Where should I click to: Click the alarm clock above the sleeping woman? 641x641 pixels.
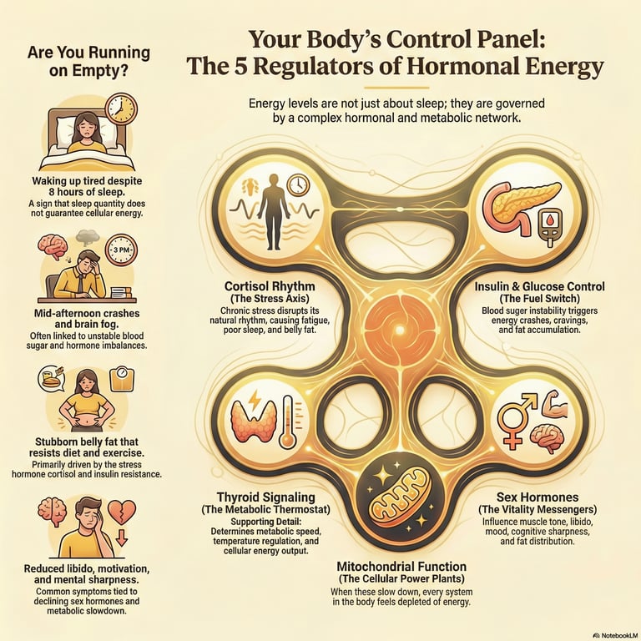[x=121, y=109]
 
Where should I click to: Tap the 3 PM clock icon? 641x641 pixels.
[x=121, y=249]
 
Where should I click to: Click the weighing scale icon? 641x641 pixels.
[x=123, y=376]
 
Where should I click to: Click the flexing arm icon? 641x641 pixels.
[x=553, y=407]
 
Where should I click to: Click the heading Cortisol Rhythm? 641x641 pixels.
[x=265, y=286]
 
